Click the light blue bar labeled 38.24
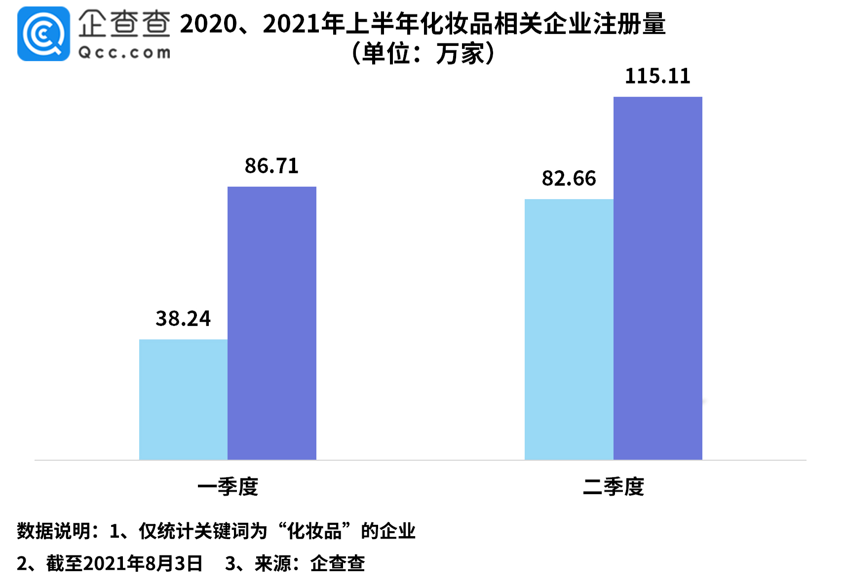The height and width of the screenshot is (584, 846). click(x=183, y=400)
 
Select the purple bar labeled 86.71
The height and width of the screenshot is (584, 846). click(x=272, y=323)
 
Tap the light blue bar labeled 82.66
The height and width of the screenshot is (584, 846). click(x=569, y=329)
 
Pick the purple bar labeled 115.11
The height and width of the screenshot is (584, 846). click(x=657, y=278)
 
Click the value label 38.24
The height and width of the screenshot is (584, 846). click(x=183, y=319)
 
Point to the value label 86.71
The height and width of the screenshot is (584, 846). click(x=272, y=166)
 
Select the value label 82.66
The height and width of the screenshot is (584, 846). click(x=569, y=179)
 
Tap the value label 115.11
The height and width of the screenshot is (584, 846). click(x=657, y=76)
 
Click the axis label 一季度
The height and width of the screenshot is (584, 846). click(x=228, y=487)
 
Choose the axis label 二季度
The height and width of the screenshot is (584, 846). click(x=614, y=487)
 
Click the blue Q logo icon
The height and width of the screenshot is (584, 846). click(x=43, y=34)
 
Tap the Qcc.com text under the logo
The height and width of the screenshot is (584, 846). click(x=124, y=52)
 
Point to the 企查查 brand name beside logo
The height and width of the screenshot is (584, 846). click(x=124, y=23)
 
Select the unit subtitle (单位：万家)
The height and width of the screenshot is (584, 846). click(x=423, y=53)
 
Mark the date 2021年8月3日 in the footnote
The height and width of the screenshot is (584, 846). click(x=143, y=563)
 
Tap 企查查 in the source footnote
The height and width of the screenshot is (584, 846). click(x=338, y=563)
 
